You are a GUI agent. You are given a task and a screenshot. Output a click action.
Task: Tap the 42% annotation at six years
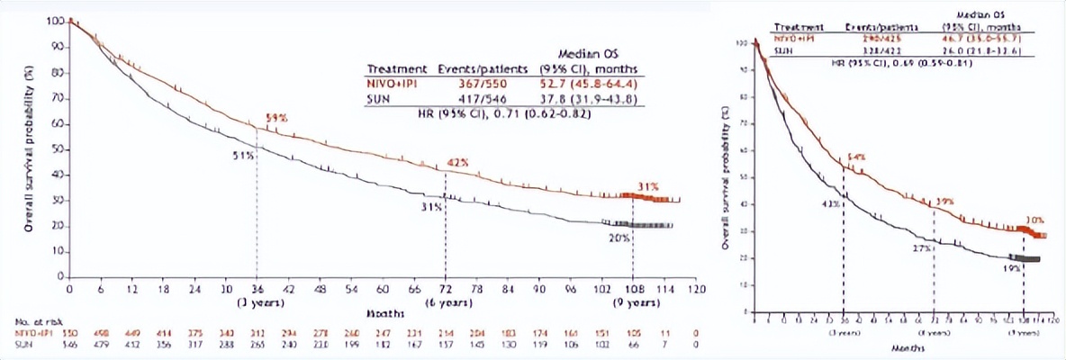coord(459,163)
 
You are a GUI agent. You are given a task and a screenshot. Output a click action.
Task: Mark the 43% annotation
coord(830,203)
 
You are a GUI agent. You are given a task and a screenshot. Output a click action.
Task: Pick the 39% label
coord(945,202)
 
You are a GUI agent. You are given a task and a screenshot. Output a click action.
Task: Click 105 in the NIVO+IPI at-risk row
coord(633,330)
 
